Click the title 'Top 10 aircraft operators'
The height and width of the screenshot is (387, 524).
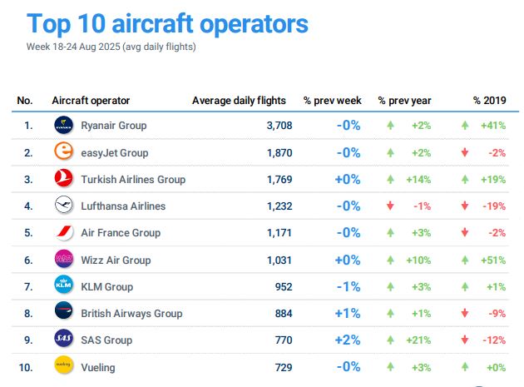(167, 23)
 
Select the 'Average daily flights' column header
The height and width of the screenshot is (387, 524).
(239, 101)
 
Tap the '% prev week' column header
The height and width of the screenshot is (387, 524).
(332, 101)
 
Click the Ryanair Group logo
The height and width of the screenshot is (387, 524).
(64, 126)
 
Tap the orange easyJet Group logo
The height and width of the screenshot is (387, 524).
(64, 152)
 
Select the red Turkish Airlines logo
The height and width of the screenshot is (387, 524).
(64, 179)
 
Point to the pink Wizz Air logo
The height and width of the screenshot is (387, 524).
(64, 260)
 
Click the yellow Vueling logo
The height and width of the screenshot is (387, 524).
(64, 367)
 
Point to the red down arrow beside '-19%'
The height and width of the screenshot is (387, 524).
(465, 206)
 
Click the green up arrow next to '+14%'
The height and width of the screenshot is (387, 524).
(389, 179)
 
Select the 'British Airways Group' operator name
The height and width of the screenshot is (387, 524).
(131, 314)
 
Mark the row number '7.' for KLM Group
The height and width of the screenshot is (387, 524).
(28, 287)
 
